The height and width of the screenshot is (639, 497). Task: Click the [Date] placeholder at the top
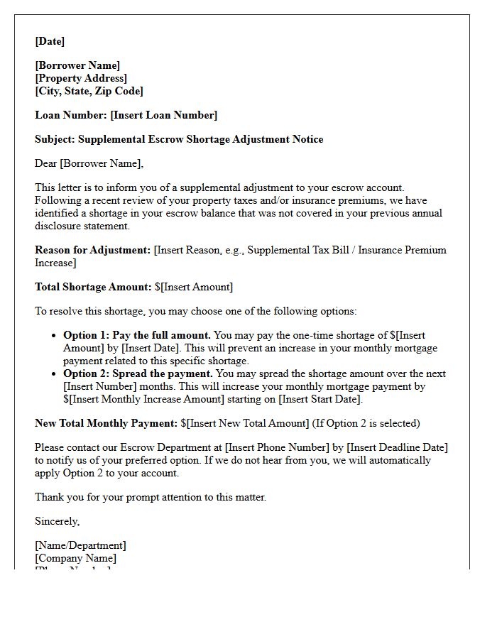(x=50, y=41)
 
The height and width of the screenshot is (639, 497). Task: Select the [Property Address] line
(x=81, y=78)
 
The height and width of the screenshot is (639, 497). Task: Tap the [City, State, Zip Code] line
(x=89, y=91)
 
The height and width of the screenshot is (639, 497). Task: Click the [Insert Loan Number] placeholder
(x=164, y=115)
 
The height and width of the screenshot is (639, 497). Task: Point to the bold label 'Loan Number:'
(x=71, y=115)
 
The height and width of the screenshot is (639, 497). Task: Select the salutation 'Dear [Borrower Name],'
(x=89, y=163)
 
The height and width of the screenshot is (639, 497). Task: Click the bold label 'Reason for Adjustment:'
(x=93, y=250)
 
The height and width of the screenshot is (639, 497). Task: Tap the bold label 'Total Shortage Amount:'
(x=93, y=287)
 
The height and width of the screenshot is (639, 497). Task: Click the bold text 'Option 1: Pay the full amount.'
(x=137, y=335)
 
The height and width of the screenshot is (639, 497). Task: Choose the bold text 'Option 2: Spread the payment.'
(x=138, y=373)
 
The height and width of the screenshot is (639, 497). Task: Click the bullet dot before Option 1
(x=55, y=336)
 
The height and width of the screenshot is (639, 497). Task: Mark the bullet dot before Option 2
(x=55, y=374)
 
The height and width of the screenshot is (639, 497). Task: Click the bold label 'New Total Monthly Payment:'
(x=106, y=423)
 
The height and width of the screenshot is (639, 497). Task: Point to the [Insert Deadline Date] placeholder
(x=398, y=447)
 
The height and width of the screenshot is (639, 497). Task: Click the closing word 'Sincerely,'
(x=58, y=521)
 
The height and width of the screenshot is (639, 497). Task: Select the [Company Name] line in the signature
(x=75, y=558)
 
